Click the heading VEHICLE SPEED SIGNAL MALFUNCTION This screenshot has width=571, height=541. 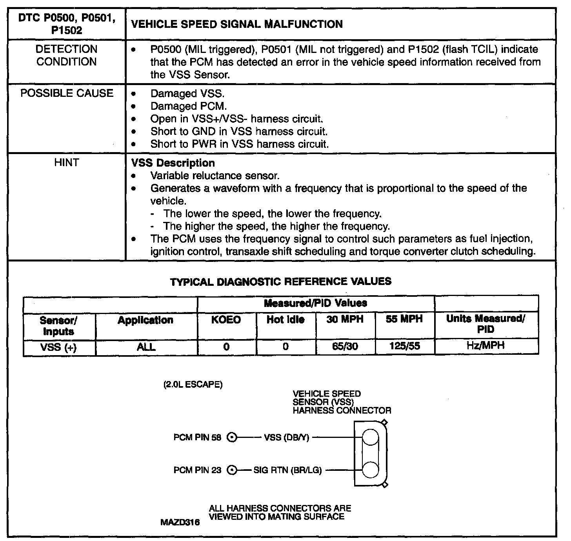(236, 24)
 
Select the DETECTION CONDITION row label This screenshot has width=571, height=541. (66, 55)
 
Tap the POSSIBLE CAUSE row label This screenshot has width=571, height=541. (67, 93)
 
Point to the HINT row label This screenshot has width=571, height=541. (66, 162)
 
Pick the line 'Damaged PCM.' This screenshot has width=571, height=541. (189, 106)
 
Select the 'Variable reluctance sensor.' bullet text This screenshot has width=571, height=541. (215, 176)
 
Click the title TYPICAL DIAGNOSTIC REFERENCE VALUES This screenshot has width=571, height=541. (280, 281)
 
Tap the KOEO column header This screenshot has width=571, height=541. (226, 320)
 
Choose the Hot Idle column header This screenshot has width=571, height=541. (285, 320)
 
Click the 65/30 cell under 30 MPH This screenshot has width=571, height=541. (345, 347)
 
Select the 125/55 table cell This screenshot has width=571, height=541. (405, 347)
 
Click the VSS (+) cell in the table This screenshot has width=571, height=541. (59, 347)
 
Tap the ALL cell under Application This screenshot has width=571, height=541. (146, 347)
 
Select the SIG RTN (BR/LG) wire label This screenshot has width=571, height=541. (287, 470)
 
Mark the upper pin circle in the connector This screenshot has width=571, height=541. (370, 437)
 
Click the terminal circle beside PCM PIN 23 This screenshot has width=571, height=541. (232, 470)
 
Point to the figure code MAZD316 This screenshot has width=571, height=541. (180, 523)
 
